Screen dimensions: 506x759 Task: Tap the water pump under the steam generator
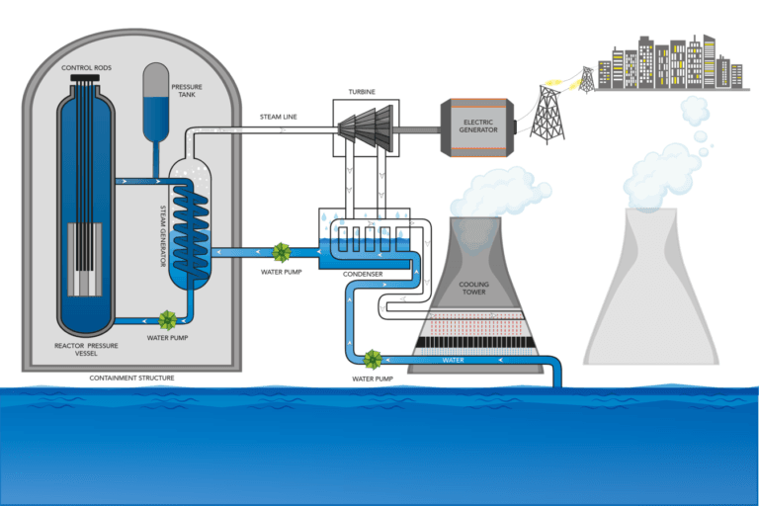[x=168, y=320]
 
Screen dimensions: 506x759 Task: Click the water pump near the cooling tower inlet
[x=373, y=359]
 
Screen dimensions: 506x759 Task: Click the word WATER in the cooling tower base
[x=453, y=360]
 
